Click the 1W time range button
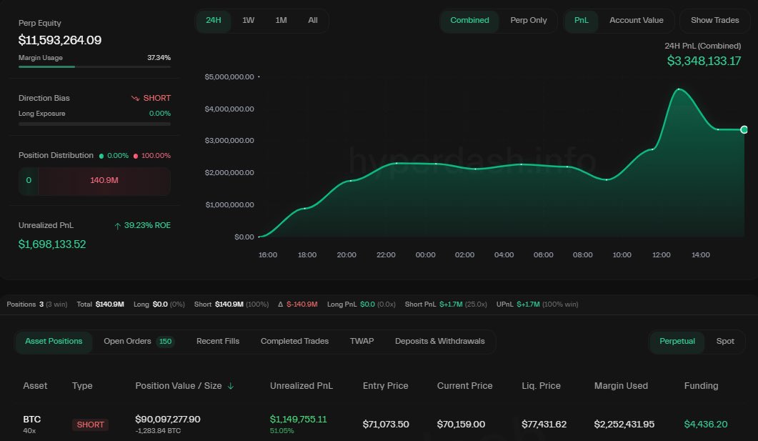pyautogui.click(x=248, y=20)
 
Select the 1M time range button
pyautogui.click(x=281, y=20)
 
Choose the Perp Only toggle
pyautogui.click(x=529, y=20)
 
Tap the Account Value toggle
pyautogui.click(x=636, y=20)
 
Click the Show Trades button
pyautogui.click(x=714, y=20)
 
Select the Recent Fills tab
pyautogui.click(x=218, y=341)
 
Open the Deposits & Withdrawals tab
pyautogui.click(x=439, y=341)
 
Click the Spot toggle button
pyautogui.click(x=725, y=341)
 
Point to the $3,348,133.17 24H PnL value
pyautogui.click(x=704, y=61)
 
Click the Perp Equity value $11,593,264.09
pyautogui.click(x=60, y=40)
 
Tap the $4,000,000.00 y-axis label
pyautogui.click(x=229, y=109)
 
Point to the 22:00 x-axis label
pyautogui.click(x=386, y=254)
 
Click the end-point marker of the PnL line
pyautogui.click(x=744, y=129)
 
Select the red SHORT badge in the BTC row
pyautogui.click(x=91, y=425)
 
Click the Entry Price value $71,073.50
pyautogui.click(x=386, y=424)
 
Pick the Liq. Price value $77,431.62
pyautogui.click(x=544, y=424)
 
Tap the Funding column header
pyautogui.click(x=701, y=385)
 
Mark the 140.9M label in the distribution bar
pyautogui.click(x=104, y=180)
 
